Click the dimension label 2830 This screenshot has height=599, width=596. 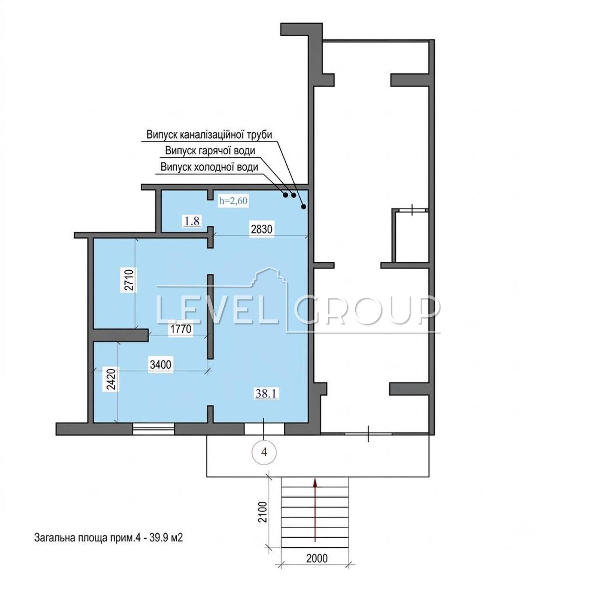click(x=261, y=229)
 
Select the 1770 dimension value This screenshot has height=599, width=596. click(x=181, y=329)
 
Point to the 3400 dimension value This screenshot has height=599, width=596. click(x=160, y=364)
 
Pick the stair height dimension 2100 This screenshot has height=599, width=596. click(x=263, y=512)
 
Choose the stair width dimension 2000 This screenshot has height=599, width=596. click(x=317, y=558)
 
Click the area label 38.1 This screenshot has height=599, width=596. click(x=267, y=393)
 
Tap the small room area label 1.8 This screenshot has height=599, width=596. click(x=192, y=221)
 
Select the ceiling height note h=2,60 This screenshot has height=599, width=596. click(x=233, y=201)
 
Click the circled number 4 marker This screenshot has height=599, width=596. click(x=264, y=452)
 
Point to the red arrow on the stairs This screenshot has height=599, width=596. click(x=315, y=509)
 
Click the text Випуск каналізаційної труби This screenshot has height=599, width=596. click(x=209, y=135)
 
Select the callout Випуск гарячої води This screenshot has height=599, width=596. click(x=210, y=150)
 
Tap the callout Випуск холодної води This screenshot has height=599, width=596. click(x=209, y=167)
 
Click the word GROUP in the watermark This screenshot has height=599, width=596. click(x=367, y=309)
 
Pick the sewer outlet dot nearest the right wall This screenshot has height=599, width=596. click(x=304, y=206)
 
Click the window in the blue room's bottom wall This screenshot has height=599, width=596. click(x=153, y=429)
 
